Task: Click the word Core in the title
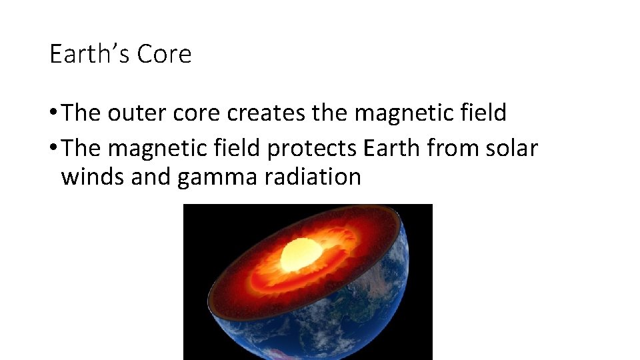(x=164, y=54)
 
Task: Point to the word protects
(x=312, y=148)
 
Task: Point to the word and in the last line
(x=151, y=177)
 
